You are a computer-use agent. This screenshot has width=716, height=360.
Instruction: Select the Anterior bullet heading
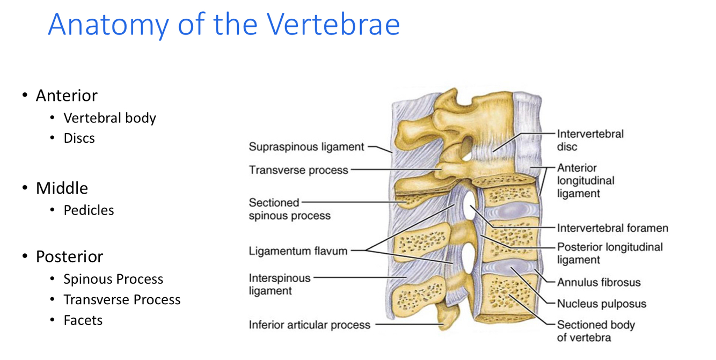[67, 95]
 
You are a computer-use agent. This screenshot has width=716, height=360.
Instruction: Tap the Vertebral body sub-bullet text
[109, 118]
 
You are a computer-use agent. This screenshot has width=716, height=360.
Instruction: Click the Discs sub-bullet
[79, 138]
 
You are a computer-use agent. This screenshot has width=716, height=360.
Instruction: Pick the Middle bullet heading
[62, 188]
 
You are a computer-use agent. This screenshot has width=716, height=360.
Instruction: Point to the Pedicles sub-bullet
[89, 210]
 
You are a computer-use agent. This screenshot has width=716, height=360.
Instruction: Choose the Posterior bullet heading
[69, 256]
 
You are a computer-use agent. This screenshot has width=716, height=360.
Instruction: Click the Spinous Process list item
[113, 279]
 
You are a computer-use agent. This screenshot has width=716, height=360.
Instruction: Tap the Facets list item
[83, 320]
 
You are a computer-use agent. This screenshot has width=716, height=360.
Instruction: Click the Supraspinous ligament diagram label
[306, 146]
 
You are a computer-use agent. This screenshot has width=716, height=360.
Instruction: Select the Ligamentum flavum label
[298, 251]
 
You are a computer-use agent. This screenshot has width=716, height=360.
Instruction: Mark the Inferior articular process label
[309, 325]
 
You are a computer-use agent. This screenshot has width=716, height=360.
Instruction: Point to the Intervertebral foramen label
[612, 229]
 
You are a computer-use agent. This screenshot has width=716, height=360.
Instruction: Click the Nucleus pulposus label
[601, 304]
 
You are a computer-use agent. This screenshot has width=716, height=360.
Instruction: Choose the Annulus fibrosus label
[598, 282]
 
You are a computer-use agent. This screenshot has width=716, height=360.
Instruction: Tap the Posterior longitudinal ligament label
[609, 253]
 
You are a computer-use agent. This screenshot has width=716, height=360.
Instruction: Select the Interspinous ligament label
[279, 284]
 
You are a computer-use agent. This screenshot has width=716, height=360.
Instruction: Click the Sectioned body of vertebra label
[595, 331]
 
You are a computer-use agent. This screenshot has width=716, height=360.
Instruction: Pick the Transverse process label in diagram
[298, 170]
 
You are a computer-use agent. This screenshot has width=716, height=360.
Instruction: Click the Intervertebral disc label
[590, 140]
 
